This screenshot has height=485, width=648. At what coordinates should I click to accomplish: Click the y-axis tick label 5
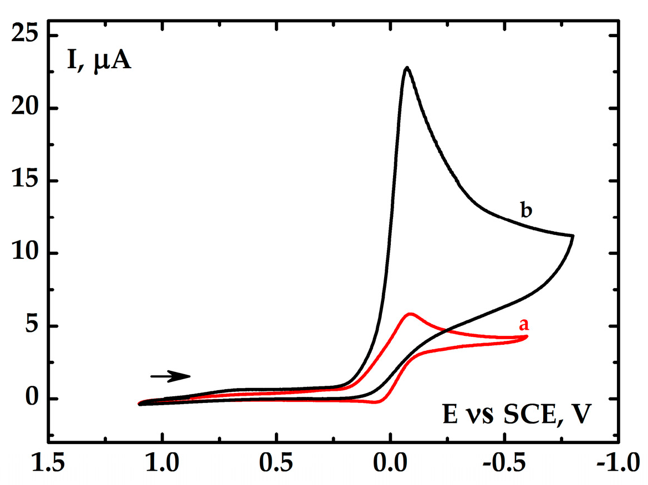click(32, 326)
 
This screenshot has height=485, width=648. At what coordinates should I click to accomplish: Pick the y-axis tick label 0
click(32, 399)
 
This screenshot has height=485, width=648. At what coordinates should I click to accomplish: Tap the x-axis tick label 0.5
click(277, 462)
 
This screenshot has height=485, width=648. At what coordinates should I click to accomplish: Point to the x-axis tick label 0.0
click(390, 462)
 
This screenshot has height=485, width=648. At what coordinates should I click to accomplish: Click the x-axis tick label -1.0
click(615, 462)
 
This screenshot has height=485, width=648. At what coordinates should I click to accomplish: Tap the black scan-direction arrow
click(170, 376)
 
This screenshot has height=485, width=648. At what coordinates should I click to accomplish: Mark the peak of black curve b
click(407, 68)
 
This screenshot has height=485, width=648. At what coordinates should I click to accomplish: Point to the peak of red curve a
click(411, 314)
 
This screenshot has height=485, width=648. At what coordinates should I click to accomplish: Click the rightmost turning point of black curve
click(573, 236)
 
